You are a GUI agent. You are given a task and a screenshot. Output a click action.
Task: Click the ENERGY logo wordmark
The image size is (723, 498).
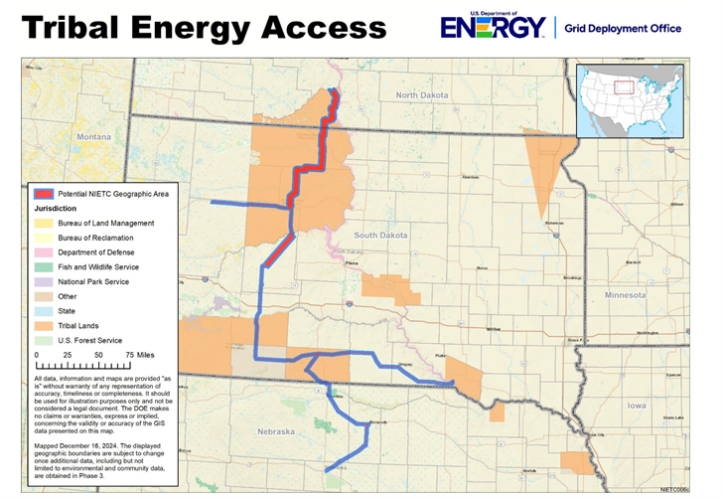(x=495, y=27)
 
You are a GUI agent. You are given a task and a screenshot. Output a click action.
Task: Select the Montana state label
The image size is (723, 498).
(x=95, y=136)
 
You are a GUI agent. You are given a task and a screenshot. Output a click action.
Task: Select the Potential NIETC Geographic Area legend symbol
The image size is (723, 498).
(x=44, y=194)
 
